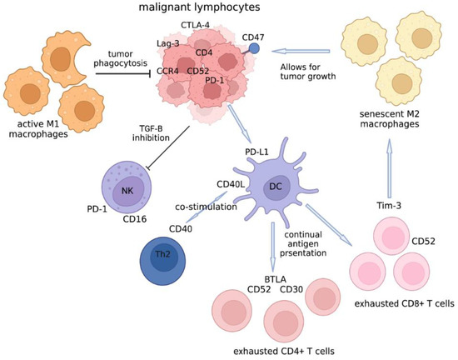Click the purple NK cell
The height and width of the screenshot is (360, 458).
point(127,190)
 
